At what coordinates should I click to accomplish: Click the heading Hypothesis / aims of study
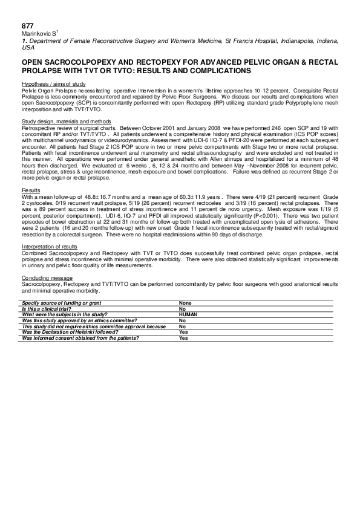point(53,83)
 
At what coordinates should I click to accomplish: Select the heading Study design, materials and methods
point(66,122)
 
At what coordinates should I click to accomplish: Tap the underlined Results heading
point(30,190)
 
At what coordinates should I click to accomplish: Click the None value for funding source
point(185,302)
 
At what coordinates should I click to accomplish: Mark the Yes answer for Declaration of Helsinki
point(183,332)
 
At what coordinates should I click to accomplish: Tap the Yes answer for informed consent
point(183,339)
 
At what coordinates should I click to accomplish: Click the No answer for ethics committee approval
point(183,321)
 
